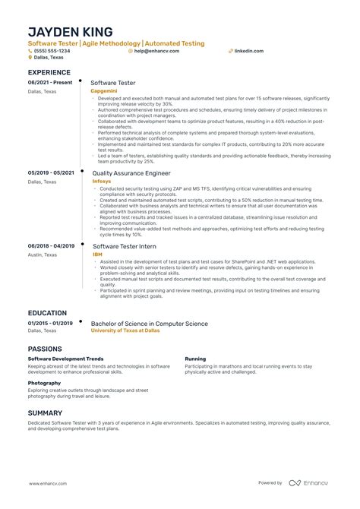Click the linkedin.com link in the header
click(x=249, y=51)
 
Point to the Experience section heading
click(x=49, y=72)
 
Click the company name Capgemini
click(x=103, y=90)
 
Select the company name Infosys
click(x=101, y=182)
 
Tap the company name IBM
click(x=96, y=255)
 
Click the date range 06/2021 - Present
click(x=51, y=81)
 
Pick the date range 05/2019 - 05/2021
click(x=51, y=173)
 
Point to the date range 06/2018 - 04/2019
click(x=51, y=246)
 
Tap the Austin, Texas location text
click(x=43, y=255)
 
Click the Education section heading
click(x=48, y=312)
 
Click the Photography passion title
click(x=44, y=383)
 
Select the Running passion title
click(x=195, y=358)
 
